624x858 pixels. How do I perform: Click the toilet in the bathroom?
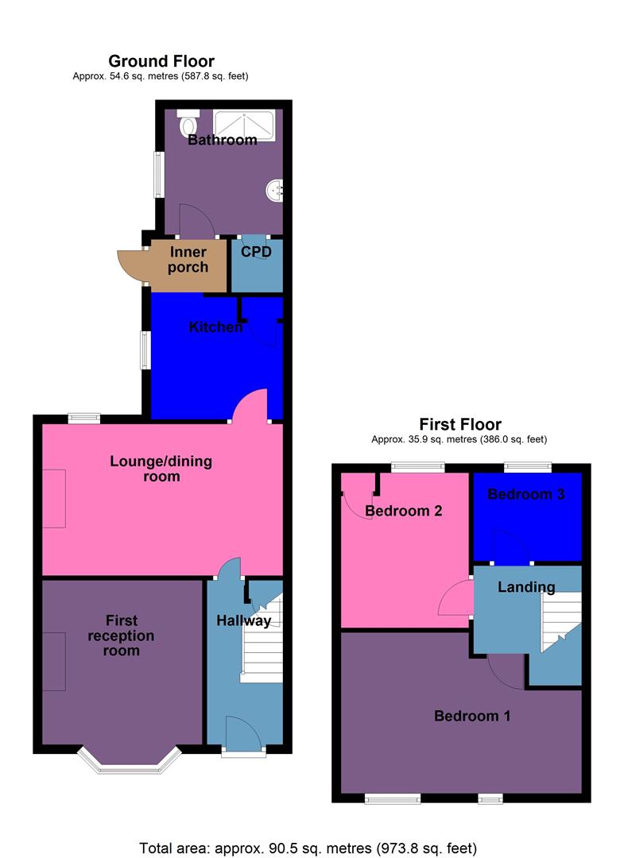tap(188, 124)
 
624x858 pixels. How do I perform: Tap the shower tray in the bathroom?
tap(244, 126)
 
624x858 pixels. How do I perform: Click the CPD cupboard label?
tap(256, 252)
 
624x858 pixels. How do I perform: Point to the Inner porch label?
tap(188, 260)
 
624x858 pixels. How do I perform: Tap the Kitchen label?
tap(215, 327)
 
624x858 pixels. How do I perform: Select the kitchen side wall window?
tap(145, 350)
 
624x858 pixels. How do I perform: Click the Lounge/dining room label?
tap(161, 469)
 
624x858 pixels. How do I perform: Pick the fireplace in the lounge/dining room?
tap(54, 498)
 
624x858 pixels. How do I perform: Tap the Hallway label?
tap(244, 620)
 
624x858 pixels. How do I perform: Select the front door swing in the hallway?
tap(242, 732)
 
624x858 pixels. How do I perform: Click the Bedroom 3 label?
tap(526, 494)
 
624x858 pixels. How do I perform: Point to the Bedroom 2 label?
tap(403, 511)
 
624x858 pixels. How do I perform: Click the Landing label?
tap(526, 587)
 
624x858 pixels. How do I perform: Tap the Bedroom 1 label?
tap(472, 716)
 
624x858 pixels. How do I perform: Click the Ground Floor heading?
tap(161, 61)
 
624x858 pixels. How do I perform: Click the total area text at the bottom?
tap(308, 847)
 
